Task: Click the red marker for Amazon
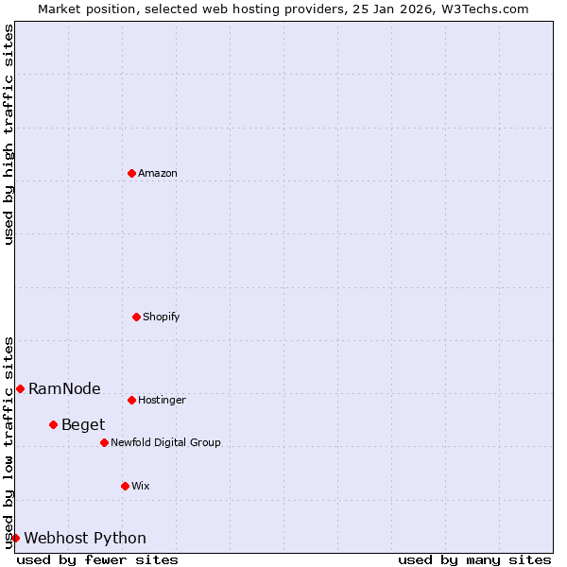tap(132, 173)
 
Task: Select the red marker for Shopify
tap(137, 317)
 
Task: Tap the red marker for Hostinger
tap(132, 400)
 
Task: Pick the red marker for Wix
tap(126, 486)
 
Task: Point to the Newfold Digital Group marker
tap(105, 442)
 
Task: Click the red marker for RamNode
tap(20, 388)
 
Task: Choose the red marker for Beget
tap(54, 424)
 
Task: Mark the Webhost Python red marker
tap(15, 538)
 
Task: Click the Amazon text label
tap(158, 173)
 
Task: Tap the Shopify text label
tap(162, 317)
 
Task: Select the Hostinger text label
tap(163, 400)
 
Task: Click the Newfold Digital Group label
tap(165, 442)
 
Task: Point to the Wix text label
tap(141, 486)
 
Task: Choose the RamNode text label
tap(64, 388)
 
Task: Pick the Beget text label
tap(83, 424)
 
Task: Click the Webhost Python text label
tap(85, 538)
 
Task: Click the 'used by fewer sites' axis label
tap(97, 559)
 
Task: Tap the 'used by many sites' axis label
tap(474, 559)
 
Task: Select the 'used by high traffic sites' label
tap(9, 135)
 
